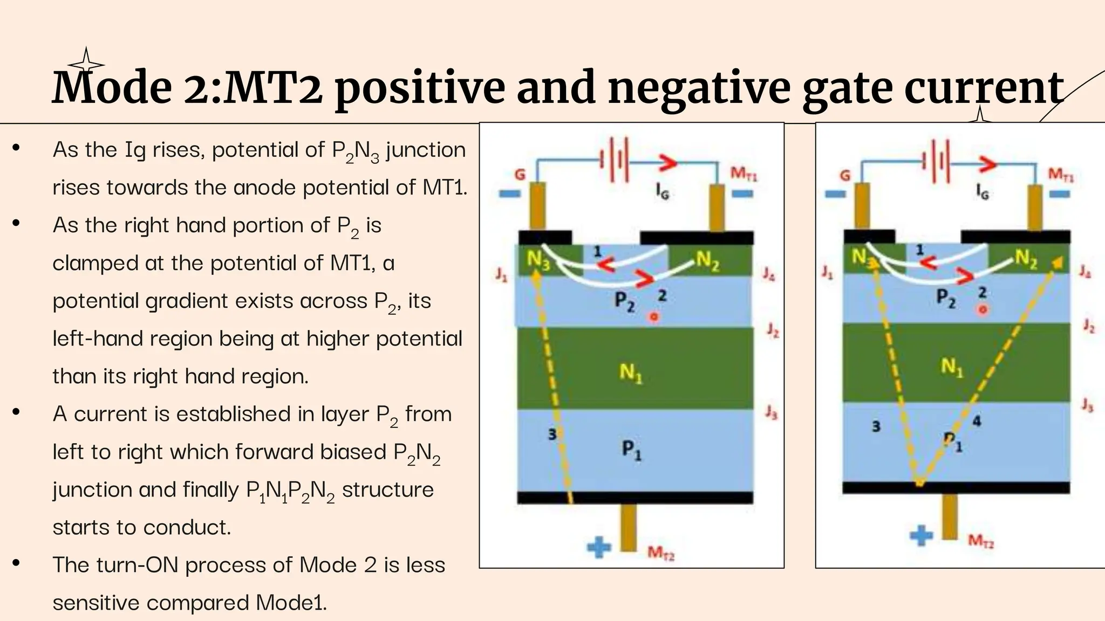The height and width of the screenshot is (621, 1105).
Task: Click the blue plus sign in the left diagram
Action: pos(599,548)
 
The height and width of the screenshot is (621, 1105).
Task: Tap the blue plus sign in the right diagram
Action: pos(921,535)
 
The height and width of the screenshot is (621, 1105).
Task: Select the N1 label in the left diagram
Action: pos(630,372)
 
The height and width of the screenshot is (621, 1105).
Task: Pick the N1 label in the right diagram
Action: pos(952,367)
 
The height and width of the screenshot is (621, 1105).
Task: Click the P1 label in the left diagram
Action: pos(631,448)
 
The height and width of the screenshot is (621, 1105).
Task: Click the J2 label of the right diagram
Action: pos(1089,326)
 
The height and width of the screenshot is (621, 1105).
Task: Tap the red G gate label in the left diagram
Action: pos(520,174)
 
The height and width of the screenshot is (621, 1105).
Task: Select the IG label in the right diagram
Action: pos(983,191)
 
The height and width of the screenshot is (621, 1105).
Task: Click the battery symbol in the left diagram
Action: pos(615,160)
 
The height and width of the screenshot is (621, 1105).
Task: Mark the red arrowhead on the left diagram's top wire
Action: pos(667,162)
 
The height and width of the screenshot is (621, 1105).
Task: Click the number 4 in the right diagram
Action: pos(976,421)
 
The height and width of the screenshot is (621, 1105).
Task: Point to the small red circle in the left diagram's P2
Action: pos(654,316)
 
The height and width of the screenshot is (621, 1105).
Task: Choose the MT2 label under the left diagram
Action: pos(661,553)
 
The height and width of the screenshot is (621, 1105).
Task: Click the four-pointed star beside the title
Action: pos(85,60)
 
